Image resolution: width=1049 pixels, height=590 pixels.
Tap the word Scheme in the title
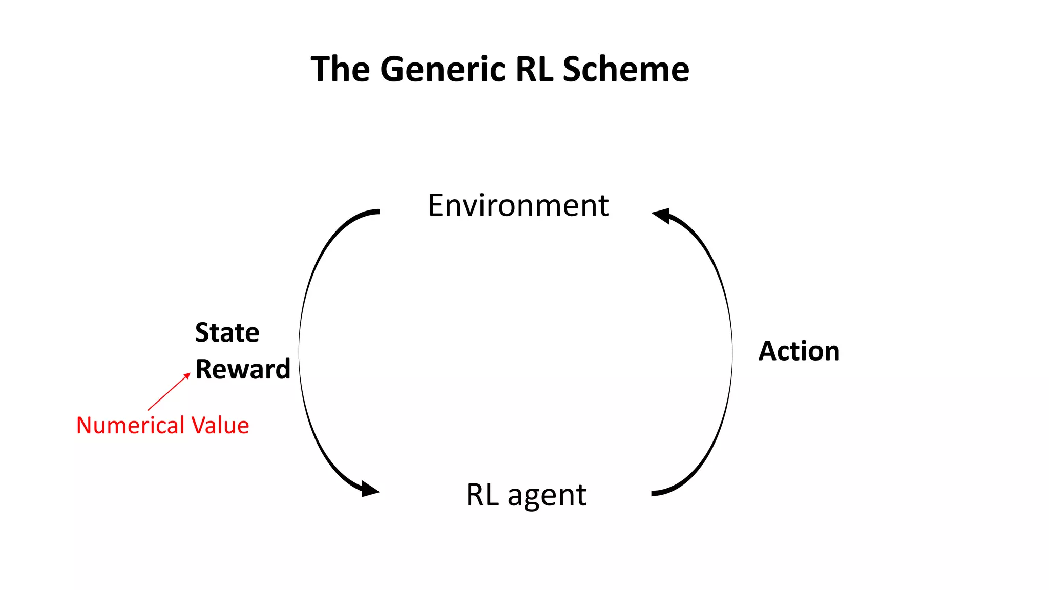pos(625,69)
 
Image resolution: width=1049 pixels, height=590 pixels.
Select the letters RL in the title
pos(534,69)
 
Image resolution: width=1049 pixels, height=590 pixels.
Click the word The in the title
pos(340,69)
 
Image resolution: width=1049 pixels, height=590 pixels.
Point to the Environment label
pos(518,206)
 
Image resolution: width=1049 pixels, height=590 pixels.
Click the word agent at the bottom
pos(547,496)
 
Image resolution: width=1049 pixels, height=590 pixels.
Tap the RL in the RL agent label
pos(482,495)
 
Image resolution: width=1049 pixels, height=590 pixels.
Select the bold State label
pos(227,333)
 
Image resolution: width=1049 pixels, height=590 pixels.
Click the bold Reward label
pos(243,369)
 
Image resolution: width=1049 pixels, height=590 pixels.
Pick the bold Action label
pos(799,351)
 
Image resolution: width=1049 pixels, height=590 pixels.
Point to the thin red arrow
pos(168,392)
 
